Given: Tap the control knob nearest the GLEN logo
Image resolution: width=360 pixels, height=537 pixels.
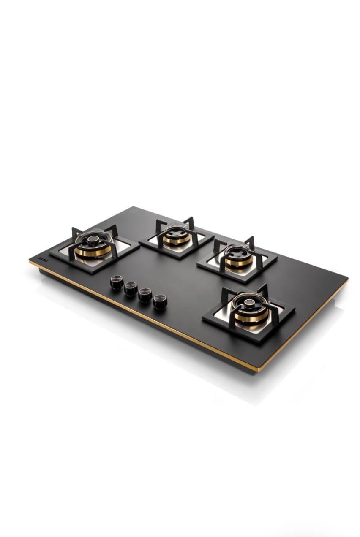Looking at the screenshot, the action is tap(116, 282).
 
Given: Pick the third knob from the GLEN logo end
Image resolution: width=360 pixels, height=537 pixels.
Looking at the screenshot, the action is tap(145, 296).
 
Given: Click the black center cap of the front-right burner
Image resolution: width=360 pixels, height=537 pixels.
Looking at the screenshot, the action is tap(248, 304).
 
